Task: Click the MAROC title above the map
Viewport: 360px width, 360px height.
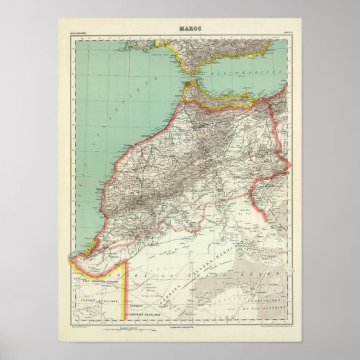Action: click(x=179, y=28)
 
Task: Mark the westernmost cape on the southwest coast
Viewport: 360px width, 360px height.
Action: click(x=70, y=260)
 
